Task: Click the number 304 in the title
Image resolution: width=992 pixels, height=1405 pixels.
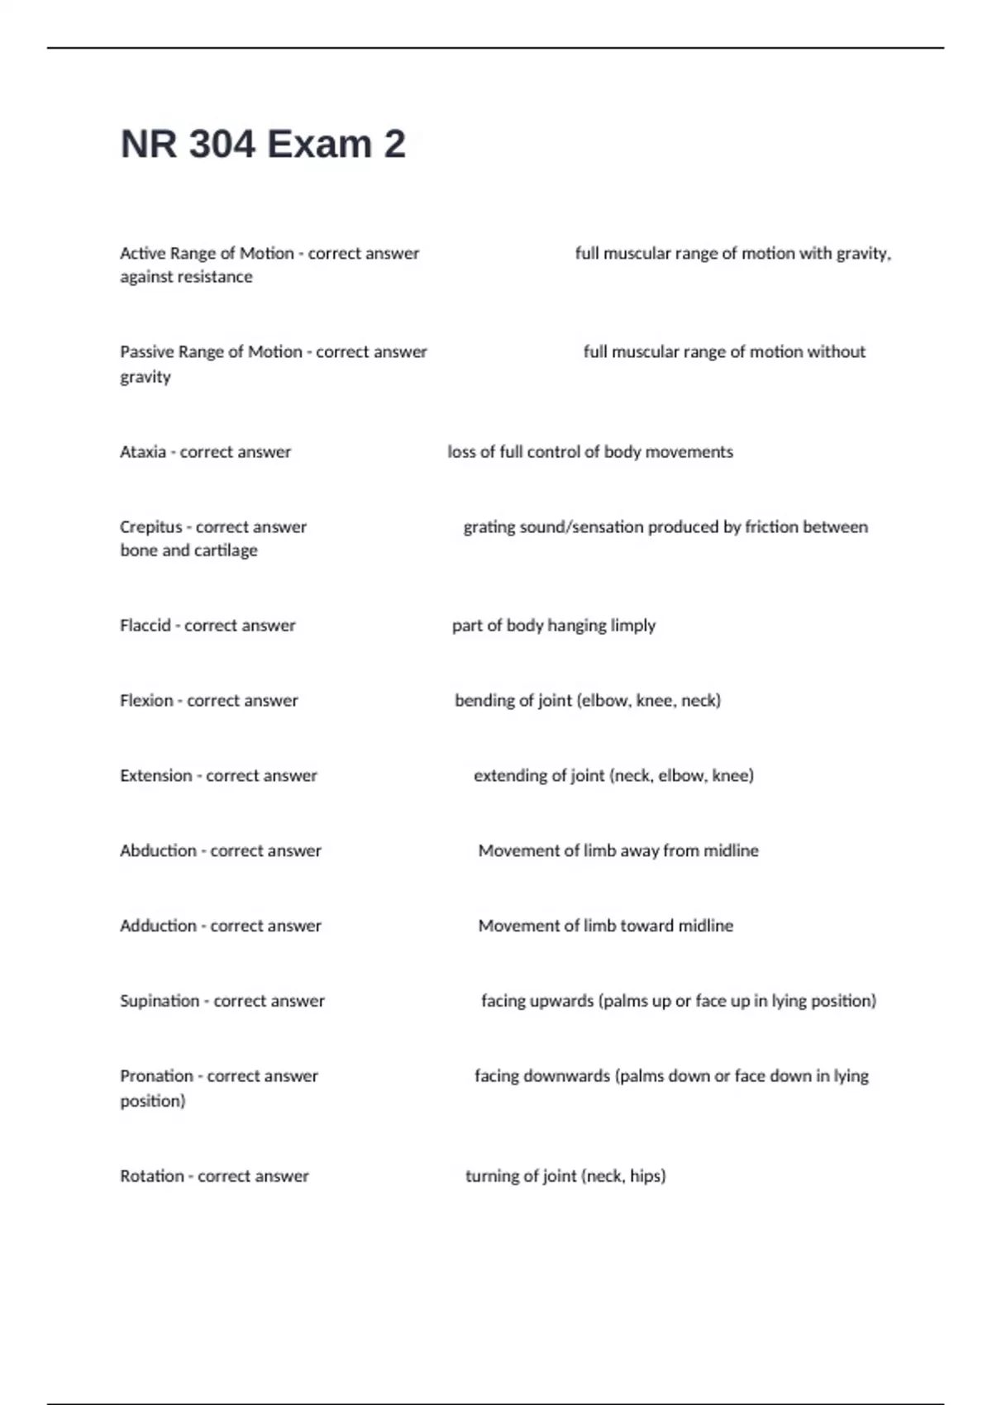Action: (x=222, y=145)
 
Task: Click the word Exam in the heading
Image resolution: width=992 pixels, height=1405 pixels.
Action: (x=319, y=145)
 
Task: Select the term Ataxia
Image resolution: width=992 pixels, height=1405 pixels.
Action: (x=143, y=452)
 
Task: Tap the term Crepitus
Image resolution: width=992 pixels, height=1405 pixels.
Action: (x=150, y=527)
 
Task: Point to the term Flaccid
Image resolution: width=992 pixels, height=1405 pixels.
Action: (x=145, y=626)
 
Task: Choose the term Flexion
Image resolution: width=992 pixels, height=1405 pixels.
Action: (x=146, y=701)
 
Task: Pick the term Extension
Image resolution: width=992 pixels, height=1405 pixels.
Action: (x=155, y=776)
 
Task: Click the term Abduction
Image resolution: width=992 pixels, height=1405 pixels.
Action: (x=158, y=851)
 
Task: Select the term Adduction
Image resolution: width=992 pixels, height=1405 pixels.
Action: (x=158, y=926)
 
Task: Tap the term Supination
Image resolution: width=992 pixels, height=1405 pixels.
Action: (x=160, y=1002)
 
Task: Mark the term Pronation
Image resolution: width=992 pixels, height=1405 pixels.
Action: (x=156, y=1076)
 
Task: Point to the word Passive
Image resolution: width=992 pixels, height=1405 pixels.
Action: (x=146, y=352)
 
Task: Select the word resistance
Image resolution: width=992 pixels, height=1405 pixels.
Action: (x=213, y=278)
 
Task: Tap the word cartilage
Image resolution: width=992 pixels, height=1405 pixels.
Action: (x=226, y=550)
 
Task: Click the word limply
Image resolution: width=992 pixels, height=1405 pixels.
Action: (x=632, y=626)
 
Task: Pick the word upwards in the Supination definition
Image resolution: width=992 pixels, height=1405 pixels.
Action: (x=560, y=1002)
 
